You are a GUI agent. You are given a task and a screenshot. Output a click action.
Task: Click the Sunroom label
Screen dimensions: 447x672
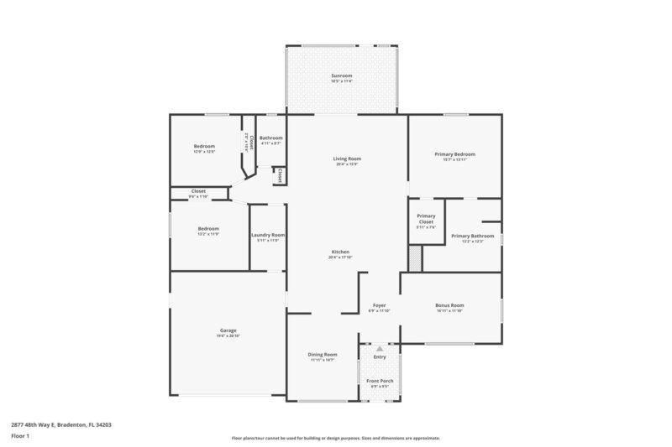340,76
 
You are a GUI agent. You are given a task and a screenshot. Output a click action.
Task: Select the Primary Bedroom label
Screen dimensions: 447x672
454,154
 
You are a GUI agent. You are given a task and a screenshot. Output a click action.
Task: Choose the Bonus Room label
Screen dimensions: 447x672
450,305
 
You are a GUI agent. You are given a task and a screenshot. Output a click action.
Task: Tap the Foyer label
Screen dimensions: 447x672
380,305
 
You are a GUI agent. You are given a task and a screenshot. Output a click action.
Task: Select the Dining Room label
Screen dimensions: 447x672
323,354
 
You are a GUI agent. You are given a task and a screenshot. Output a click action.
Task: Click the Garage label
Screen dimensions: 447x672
228,330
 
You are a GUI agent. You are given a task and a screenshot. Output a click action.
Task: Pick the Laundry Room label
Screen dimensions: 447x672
268,235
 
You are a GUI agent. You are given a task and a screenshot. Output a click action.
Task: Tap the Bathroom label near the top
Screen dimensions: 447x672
270,138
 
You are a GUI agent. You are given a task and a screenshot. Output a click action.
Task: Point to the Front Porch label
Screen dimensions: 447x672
380,381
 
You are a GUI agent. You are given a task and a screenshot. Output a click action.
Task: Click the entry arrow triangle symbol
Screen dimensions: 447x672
380,348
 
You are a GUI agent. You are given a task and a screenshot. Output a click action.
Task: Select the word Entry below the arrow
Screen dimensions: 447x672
380,357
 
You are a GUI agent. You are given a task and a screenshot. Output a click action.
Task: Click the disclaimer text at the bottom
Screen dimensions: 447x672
335,438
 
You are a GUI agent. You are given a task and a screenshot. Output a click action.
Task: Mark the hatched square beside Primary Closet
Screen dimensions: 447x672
414,258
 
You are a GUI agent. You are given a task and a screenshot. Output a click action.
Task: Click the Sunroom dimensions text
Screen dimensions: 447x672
340,82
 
